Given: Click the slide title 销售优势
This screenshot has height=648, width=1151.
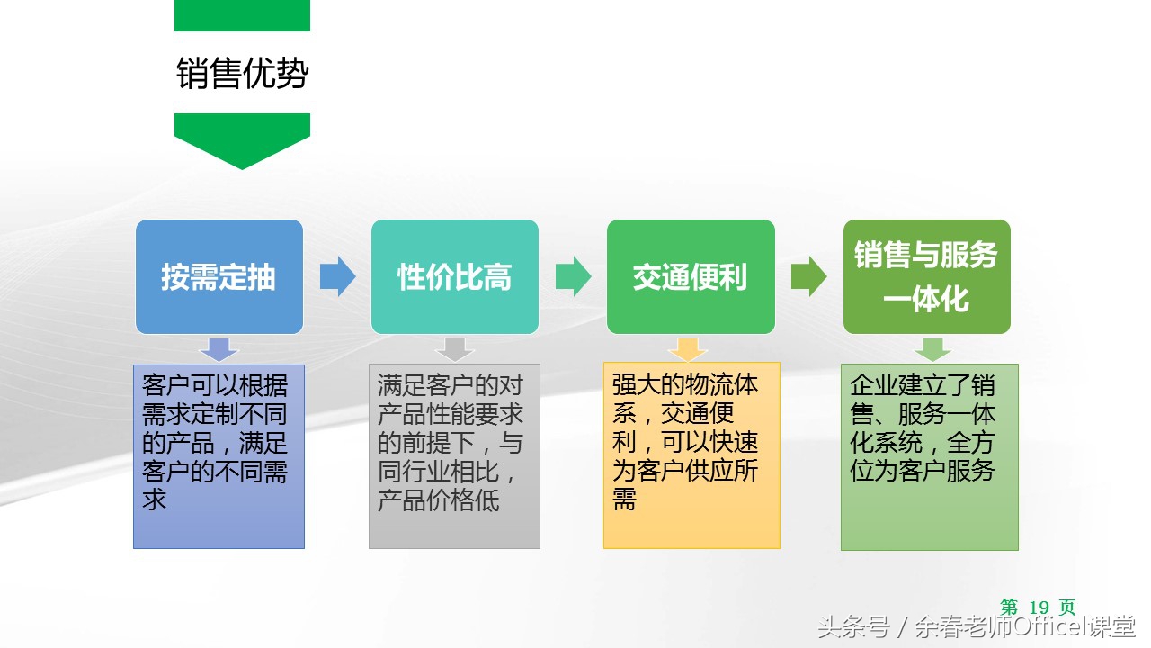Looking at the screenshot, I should click(242, 75).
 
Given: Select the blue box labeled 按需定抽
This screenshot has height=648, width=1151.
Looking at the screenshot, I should click(219, 276).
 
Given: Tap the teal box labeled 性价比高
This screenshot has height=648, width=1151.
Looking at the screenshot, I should click(455, 276).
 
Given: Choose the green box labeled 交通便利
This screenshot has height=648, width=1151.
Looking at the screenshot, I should click(691, 276).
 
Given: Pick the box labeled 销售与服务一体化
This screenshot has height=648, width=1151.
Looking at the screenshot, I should click(926, 276).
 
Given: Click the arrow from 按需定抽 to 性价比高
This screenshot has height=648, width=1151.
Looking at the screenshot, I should click(337, 276).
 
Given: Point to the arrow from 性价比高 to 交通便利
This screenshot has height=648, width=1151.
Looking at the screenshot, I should click(573, 276).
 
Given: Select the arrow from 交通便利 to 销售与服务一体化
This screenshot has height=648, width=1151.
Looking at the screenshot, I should click(808, 276).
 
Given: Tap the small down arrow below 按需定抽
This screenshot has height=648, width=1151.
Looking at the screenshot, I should click(219, 349).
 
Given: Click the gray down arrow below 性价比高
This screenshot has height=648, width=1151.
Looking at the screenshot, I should click(454, 349).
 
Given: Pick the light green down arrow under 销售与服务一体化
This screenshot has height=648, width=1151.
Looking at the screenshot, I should click(932, 349).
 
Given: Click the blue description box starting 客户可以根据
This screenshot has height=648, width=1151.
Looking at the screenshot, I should click(219, 456).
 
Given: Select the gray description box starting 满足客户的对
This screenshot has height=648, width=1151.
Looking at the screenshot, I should click(454, 456).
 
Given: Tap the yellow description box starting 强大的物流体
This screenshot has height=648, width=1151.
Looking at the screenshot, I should click(691, 456).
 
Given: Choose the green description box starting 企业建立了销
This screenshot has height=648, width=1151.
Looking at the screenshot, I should click(930, 456).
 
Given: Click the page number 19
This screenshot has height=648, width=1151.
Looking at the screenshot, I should click(1039, 607).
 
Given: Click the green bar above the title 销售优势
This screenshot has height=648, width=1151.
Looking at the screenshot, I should click(242, 15).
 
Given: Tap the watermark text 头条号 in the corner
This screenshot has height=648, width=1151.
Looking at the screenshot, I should click(852, 627).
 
